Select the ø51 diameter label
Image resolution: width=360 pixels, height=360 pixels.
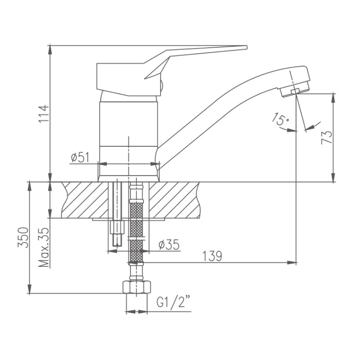coord(81,157)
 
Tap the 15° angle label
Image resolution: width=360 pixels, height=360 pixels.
coord(279,120)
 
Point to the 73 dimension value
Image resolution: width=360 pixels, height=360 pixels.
coord(327,135)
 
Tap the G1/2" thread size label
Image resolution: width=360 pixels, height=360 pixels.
coord(173,301)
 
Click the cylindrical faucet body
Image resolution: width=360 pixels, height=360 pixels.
coord(129,135)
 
